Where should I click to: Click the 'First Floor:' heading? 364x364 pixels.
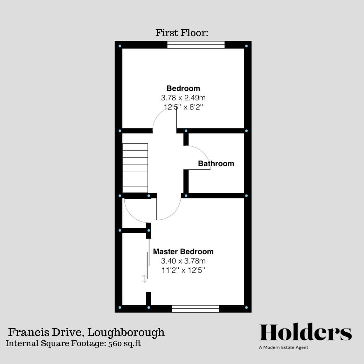point(182,33)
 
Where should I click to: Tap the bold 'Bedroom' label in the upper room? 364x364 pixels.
point(183,88)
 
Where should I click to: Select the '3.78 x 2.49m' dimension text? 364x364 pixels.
point(183,98)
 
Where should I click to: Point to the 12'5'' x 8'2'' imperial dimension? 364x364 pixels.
point(183,107)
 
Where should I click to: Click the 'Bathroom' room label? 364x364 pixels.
point(216,164)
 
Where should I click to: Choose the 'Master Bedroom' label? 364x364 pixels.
point(183,252)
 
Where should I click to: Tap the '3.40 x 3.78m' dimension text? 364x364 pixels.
point(183,261)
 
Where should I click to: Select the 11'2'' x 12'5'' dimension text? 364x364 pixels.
point(183,270)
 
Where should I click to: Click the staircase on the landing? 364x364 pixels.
point(135,168)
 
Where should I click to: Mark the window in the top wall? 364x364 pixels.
point(196,44)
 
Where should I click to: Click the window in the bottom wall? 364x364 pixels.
point(195,309)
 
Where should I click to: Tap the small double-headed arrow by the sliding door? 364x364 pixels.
point(144,279)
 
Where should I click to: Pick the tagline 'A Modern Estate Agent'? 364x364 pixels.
point(283,347)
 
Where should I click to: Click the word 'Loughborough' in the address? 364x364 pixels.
point(126,332)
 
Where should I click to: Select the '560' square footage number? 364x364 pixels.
point(115,343)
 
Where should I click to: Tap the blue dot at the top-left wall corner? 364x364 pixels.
point(120,46)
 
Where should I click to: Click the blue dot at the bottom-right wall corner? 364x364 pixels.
point(246,308)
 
